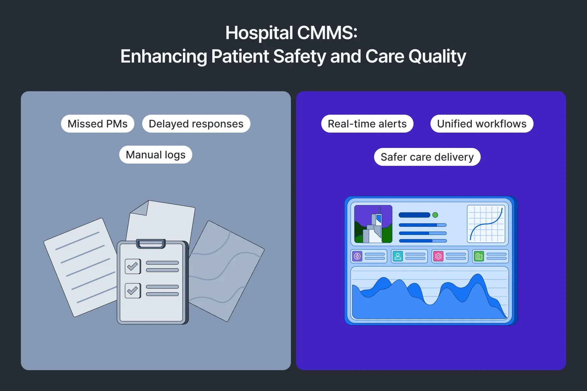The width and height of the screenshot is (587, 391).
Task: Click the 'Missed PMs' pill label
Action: [x=98, y=124]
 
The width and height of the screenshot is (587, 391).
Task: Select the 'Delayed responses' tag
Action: [x=196, y=124]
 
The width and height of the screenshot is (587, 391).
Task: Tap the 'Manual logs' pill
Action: [x=156, y=155]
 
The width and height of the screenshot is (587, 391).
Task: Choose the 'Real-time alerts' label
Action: [x=367, y=124]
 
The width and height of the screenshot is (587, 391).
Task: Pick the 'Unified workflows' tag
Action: [x=482, y=124]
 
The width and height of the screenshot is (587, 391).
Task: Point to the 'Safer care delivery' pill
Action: [x=427, y=157]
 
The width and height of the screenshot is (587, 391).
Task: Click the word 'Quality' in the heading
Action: [x=437, y=56]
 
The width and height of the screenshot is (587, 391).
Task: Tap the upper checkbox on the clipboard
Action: [x=133, y=267]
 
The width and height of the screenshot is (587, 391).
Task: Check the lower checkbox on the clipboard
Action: [x=133, y=290]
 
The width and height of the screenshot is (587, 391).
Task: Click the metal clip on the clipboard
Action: [x=151, y=243]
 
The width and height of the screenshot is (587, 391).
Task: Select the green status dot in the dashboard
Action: [x=435, y=215]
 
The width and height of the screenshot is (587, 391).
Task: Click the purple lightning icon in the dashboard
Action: [x=357, y=256]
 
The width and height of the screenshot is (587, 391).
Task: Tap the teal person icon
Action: [x=398, y=256]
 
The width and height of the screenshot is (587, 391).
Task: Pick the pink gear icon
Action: [x=438, y=256]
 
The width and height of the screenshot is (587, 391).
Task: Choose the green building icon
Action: [x=479, y=256]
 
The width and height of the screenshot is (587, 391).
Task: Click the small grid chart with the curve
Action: [x=486, y=224]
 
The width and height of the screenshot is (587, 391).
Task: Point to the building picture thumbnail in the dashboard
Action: [x=373, y=224]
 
